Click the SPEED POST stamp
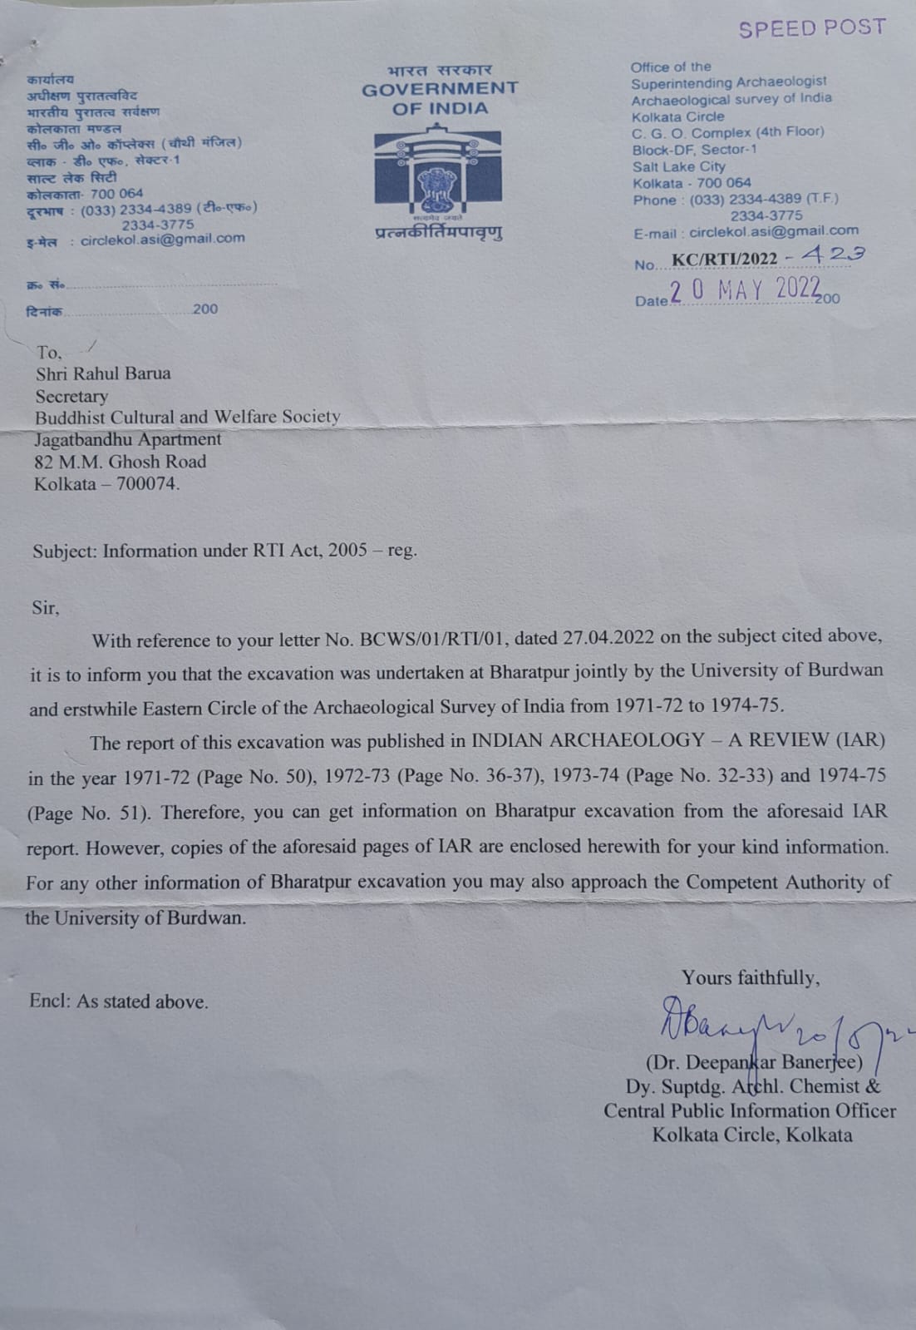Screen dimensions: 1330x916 [812, 28]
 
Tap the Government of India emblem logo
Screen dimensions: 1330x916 [437, 171]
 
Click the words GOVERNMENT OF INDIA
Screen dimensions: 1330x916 [440, 98]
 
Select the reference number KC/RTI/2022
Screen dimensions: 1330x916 [725, 260]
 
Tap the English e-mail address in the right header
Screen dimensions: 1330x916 [773, 231]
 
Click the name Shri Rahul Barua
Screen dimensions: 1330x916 [103, 373]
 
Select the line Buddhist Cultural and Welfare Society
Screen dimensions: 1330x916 [187, 417]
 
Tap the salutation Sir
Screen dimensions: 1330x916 [46, 607]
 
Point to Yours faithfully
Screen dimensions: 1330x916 [751, 977]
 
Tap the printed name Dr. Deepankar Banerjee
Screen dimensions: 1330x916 [754, 1062]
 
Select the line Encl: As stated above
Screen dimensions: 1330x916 [119, 1001]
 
